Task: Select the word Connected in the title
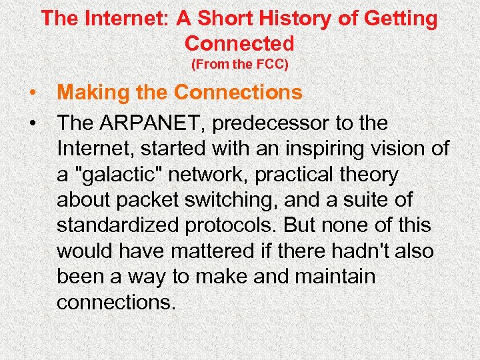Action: (x=239, y=43)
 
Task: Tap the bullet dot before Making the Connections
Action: (x=33, y=93)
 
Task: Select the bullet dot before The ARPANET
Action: (x=33, y=123)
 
